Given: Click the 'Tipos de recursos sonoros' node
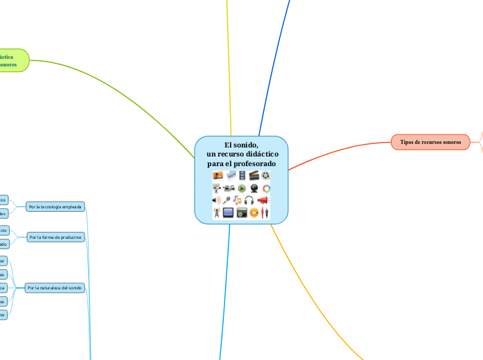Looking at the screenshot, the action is tap(430, 141).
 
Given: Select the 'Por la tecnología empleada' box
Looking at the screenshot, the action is tap(55, 206).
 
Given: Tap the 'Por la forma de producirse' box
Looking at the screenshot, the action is tap(55, 237).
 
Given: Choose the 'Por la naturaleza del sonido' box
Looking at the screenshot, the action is tap(55, 287).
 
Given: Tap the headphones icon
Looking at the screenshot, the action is tap(248, 200).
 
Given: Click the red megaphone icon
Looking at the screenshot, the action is tap(263, 200).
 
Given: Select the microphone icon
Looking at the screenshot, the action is tap(226, 200).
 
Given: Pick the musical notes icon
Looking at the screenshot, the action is tap(236, 200).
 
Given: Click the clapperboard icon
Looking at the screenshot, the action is tap(254, 175).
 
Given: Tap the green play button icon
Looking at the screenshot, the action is tap(242, 188).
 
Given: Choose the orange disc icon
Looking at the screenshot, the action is tap(254, 213).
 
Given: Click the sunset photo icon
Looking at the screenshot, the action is tap(218, 175).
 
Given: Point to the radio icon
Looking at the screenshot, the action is tap(242, 213).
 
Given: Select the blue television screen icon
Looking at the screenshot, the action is tap(228, 213).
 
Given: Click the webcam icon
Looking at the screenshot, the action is tap(254, 188).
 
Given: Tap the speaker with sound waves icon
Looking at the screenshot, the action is tap(216, 200).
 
